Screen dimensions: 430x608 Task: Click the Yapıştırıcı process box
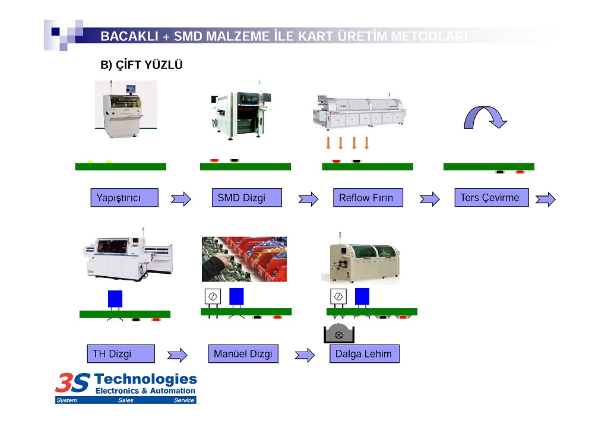coord(124,198)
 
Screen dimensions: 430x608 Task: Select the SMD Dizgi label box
coord(246,198)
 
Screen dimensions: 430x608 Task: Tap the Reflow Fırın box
coord(368,198)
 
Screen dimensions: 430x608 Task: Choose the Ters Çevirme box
coord(490,197)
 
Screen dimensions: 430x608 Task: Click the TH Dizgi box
coord(121,354)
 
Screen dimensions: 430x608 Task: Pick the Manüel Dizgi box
coord(243,354)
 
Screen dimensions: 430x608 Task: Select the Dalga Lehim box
coord(364,354)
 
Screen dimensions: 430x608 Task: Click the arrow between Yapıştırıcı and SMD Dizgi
coord(181,199)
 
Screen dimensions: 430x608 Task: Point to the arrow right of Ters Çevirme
coord(545,199)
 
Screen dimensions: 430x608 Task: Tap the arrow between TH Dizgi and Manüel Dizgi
coord(177,355)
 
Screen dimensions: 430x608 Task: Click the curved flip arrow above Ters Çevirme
coord(485,117)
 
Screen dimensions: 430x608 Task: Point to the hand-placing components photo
coord(244,259)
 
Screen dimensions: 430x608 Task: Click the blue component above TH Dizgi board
coord(115,298)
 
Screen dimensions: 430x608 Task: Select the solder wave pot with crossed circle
coord(339,334)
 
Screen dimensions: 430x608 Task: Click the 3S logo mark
coord(73,382)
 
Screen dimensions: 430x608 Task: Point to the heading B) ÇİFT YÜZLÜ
coord(141,65)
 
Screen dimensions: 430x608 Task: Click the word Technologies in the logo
coord(145,379)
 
